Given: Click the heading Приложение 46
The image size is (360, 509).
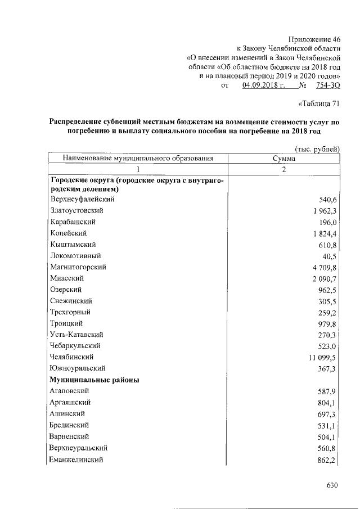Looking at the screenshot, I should point(314,39).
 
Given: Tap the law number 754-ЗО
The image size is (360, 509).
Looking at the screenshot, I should point(328,85).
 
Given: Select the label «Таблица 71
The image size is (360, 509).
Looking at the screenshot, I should point(318,103).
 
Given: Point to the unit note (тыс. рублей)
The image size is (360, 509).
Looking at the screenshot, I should point(317,148).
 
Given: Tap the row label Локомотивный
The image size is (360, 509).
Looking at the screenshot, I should point(76,255).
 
